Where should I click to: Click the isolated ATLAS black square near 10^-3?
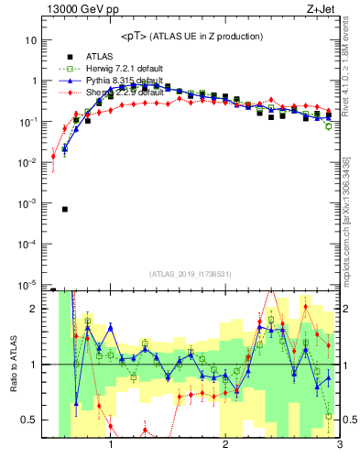pos(65,209)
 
